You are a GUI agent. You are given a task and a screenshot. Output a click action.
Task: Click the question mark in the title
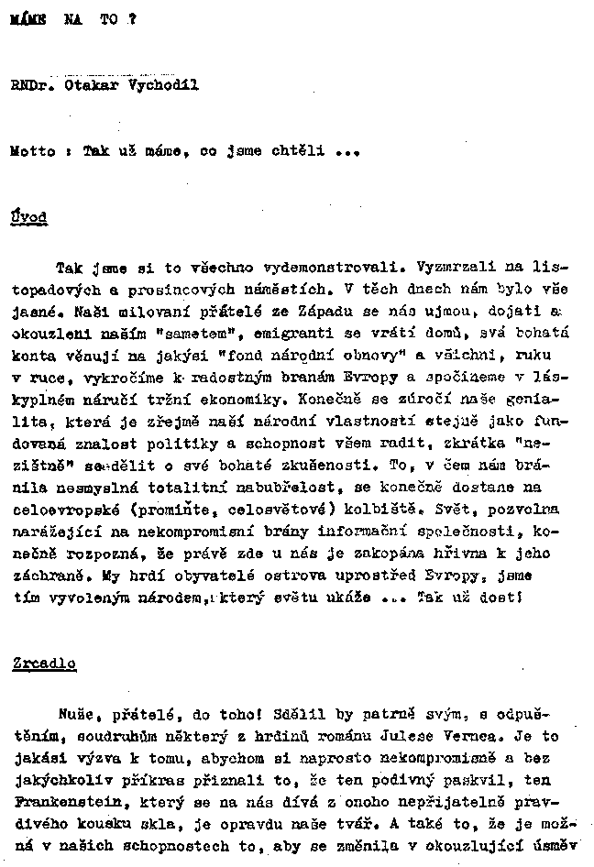pyautogui.click(x=132, y=20)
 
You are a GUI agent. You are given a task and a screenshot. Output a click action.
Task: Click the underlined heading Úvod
pyautogui.click(x=28, y=217)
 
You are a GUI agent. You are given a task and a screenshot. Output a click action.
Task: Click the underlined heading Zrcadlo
pyautogui.click(x=44, y=664)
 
